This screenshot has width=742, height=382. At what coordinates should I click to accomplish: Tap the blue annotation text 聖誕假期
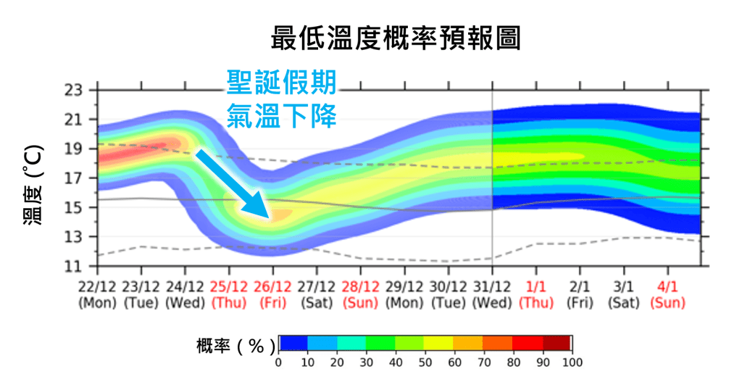tap(281, 83)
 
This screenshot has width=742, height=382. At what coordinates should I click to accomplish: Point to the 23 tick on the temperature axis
tap(75, 91)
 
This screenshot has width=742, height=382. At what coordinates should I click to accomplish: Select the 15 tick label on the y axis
tap(75, 208)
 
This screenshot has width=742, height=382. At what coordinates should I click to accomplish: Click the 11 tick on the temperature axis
tap(75, 267)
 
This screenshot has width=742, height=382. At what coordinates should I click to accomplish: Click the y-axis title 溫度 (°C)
tap(33, 184)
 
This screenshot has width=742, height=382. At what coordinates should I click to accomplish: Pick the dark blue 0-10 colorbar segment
tap(293, 343)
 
